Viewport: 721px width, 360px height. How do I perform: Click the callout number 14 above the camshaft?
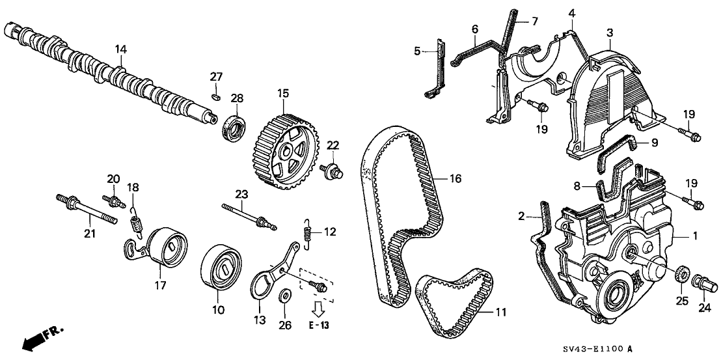pos(120,49)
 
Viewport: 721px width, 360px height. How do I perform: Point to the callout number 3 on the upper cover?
pos(610,33)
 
